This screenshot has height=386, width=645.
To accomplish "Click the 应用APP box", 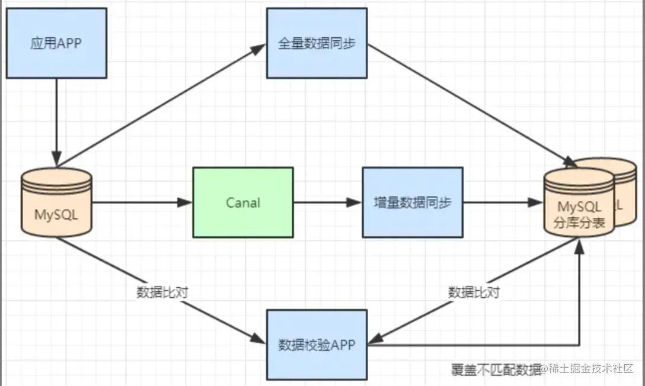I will point(56,43).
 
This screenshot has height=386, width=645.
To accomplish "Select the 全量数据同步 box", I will point(317,43).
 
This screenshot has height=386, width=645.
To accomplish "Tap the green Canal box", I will point(243,202).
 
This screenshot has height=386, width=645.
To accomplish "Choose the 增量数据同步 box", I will point(413,202).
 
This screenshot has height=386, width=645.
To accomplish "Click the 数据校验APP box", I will point(317,344).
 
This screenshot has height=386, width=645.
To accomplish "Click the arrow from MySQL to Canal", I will point(142,202).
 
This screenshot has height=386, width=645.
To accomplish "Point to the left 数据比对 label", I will point(162,292).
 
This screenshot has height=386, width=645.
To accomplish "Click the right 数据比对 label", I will point(474,292).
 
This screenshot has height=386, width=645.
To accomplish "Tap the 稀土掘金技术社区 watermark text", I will point(593,369).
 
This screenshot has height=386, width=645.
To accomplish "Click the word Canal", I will point(243,202).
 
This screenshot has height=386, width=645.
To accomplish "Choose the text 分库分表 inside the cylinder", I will point(579,223).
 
